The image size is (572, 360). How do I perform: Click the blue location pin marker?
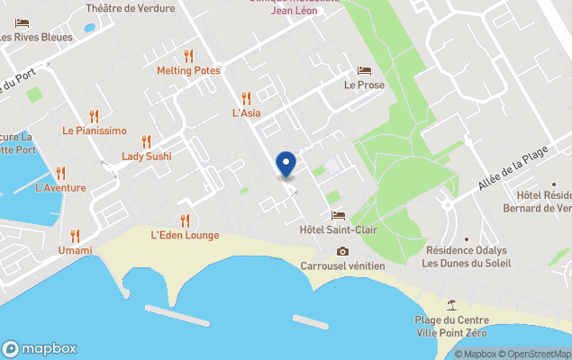(x=286, y=164)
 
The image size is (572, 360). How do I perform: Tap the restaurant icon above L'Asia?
(x=246, y=98)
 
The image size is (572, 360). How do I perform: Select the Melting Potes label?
(x=188, y=70)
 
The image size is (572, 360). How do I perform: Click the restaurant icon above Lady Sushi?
(x=146, y=141)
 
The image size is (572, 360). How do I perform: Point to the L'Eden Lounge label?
(x=185, y=235)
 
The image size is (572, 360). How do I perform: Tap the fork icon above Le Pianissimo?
(x=94, y=116)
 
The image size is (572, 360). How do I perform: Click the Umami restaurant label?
(x=75, y=250)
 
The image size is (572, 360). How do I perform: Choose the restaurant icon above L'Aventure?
(x=60, y=173)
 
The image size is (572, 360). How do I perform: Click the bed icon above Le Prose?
(x=364, y=70)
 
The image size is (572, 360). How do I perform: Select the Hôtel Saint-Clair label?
(x=338, y=229)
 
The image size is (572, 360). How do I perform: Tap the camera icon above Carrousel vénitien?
(x=342, y=251)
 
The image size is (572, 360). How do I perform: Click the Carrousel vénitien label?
(x=342, y=265)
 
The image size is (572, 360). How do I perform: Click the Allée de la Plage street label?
(x=513, y=171)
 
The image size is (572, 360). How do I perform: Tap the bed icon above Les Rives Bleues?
(x=23, y=22)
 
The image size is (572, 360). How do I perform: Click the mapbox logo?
(x=40, y=349)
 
